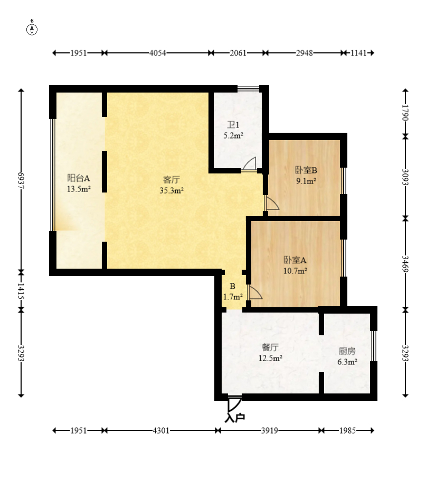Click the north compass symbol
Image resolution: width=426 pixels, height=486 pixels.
(x=32, y=28)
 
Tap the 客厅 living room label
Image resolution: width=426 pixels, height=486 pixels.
(x=172, y=180)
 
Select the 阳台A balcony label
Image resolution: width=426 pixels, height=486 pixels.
(x=79, y=178)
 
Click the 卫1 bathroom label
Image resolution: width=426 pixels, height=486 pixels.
(x=233, y=125)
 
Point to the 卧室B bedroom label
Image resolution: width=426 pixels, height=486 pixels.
(x=306, y=170)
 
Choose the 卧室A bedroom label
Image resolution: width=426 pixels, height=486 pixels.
(x=295, y=260)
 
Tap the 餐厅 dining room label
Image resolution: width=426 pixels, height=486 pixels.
(x=270, y=347)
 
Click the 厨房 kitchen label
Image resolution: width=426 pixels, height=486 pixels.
(x=347, y=351)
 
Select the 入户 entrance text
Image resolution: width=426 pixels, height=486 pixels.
(x=235, y=418)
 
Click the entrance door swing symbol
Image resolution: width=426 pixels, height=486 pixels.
(x=234, y=404)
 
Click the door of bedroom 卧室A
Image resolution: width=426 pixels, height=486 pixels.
(x=254, y=292)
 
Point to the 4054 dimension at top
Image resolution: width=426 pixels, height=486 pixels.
(x=157, y=53)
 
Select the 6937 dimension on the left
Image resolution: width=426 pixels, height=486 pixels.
(x=21, y=180)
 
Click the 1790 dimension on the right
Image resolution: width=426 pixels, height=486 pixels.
(x=405, y=113)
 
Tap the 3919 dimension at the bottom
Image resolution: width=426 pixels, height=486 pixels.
(x=269, y=430)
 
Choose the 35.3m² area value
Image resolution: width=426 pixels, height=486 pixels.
(x=172, y=190)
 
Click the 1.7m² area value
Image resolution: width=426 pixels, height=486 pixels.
(x=233, y=297)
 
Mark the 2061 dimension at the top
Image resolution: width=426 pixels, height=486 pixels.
(x=238, y=53)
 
